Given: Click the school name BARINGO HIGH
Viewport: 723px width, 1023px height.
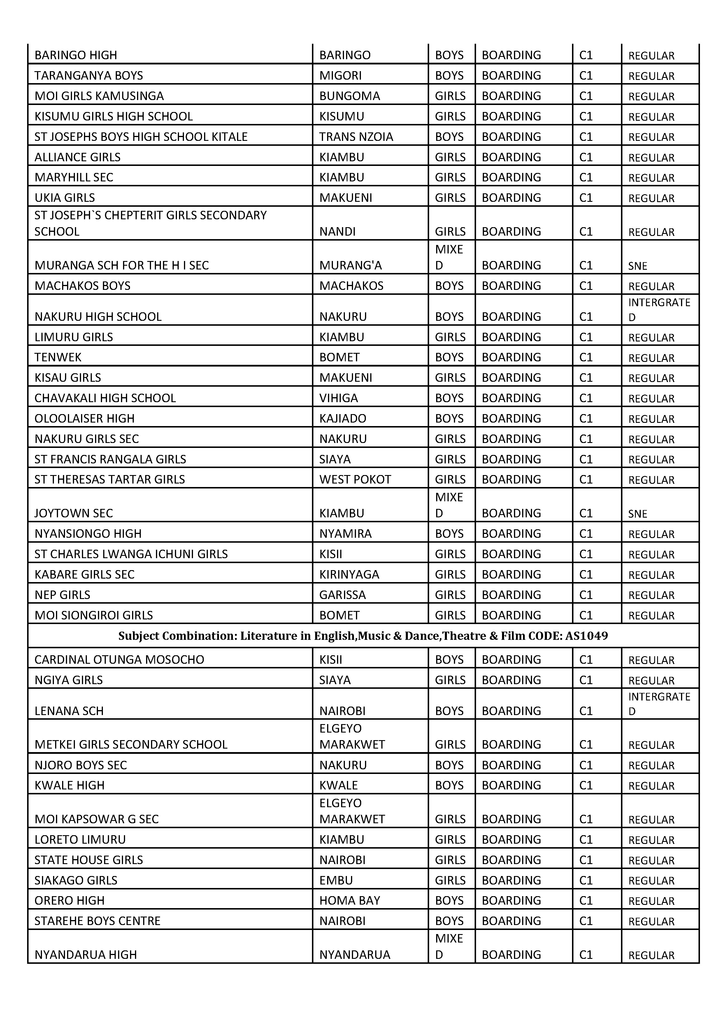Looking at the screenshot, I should coord(76,55).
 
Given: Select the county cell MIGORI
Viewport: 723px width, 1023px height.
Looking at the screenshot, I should coord(340,76).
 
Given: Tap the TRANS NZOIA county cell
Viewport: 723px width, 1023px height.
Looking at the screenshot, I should coord(356,137).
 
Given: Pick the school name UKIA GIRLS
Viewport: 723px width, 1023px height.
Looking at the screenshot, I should coord(65,198).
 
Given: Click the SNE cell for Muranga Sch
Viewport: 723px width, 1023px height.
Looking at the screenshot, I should coord(638,266).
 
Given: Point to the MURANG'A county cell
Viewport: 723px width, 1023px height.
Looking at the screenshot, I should coord(351,266).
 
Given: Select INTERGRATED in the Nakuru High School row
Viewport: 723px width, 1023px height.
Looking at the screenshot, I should coord(659,310).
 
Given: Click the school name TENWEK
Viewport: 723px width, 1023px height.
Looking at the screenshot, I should coord(58,357).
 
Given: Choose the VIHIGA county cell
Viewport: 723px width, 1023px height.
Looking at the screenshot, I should coord(338,398).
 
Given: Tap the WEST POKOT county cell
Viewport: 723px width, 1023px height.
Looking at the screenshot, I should coord(355,480).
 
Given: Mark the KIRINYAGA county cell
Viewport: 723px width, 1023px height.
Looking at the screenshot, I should coord(349,575).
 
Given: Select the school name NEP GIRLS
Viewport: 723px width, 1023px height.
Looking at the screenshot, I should coord(62,595).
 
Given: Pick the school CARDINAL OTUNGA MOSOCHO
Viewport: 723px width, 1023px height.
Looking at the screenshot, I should coord(120,660).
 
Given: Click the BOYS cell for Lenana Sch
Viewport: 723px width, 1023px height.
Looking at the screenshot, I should coord(449,711).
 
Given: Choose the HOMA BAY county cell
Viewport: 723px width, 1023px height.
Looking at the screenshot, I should coord(350,901).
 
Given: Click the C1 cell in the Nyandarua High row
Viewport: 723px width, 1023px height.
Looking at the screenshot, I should coord(586,955).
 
